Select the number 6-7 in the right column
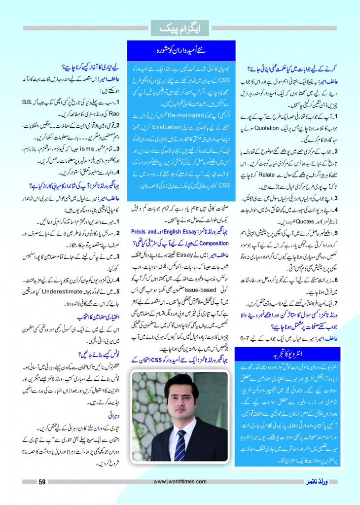click(257, 337)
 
